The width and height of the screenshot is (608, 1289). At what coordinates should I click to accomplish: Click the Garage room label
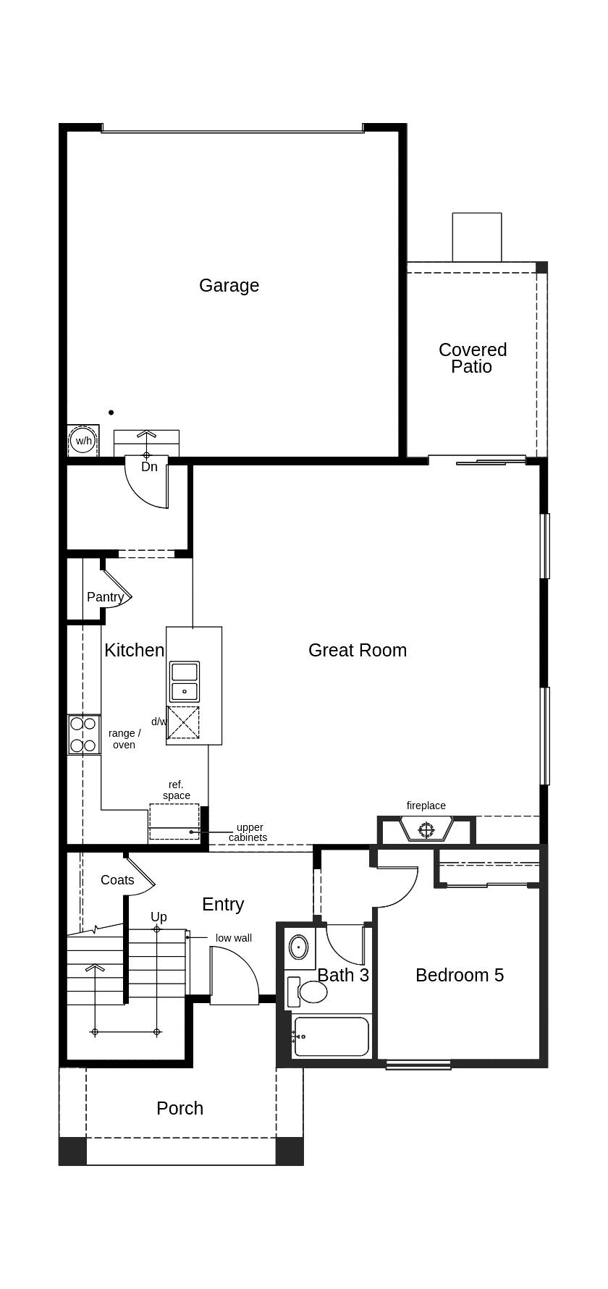coord(229,285)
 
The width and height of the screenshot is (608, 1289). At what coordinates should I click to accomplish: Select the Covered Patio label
coord(473,358)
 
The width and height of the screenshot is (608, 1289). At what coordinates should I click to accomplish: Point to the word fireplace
coord(426,806)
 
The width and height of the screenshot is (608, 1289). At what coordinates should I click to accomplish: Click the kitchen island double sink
coord(184,681)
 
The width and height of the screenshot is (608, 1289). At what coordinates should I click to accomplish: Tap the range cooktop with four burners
coord(83,734)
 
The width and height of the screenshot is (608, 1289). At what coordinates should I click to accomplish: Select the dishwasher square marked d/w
coord(183,722)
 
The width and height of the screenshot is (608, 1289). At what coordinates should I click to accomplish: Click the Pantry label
coord(105,597)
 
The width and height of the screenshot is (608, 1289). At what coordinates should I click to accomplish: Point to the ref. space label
coord(176,790)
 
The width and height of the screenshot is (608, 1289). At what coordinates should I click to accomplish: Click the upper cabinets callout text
coord(248,832)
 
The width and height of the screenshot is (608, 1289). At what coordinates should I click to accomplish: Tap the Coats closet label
coord(117,880)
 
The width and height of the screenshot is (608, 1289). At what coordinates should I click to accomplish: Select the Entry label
coord(223,904)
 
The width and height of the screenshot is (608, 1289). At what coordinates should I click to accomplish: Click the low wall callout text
coord(234,938)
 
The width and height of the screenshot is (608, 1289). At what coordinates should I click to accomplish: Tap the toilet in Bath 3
coord(309,992)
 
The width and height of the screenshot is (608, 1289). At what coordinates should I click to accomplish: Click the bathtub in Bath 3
coord(332,1036)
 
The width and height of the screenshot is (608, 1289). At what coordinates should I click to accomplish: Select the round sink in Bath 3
coord(298,946)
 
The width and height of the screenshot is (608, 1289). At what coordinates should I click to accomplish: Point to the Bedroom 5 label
coord(460,975)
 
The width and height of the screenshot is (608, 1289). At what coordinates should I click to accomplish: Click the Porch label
coord(180,1108)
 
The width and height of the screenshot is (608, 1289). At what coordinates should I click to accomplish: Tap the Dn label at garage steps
coord(149,467)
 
